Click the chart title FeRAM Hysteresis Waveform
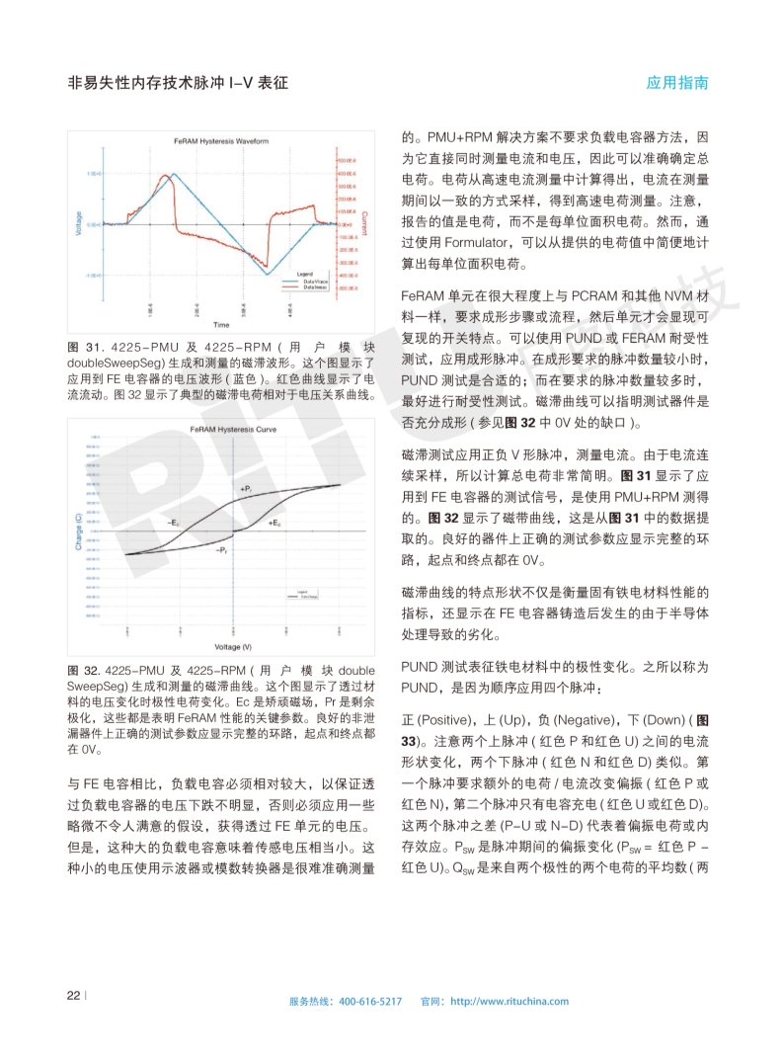[x=221, y=141]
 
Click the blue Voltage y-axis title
[x=78, y=223]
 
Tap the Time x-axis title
[x=221, y=324]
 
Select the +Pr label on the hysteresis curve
[x=246, y=488]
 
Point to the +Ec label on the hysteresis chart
[x=274, y=521]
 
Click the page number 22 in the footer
[x=73, y=995]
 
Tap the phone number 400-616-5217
[x=369, y=1001]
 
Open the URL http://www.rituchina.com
[x=509, y=1001]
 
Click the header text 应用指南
[x=677, y=83]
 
